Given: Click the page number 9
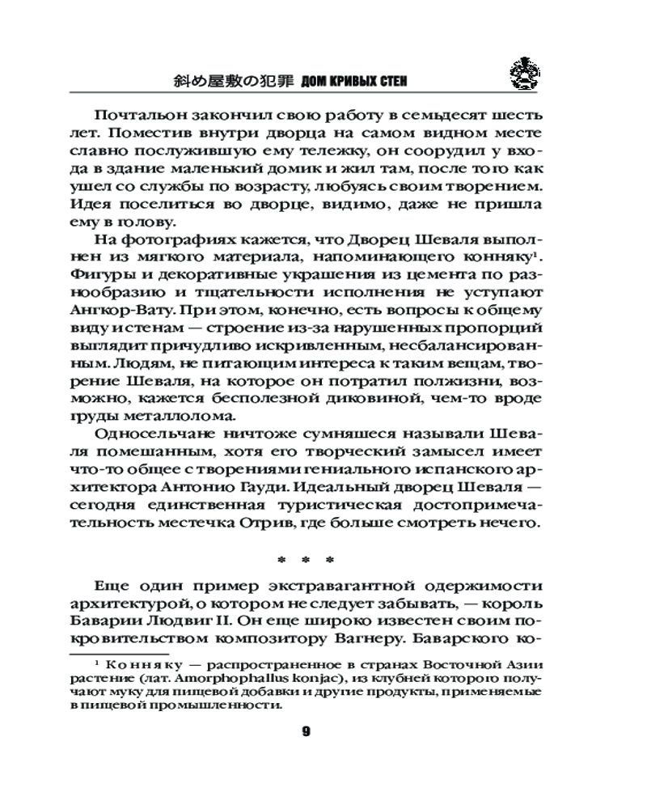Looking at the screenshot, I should [307, 731].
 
